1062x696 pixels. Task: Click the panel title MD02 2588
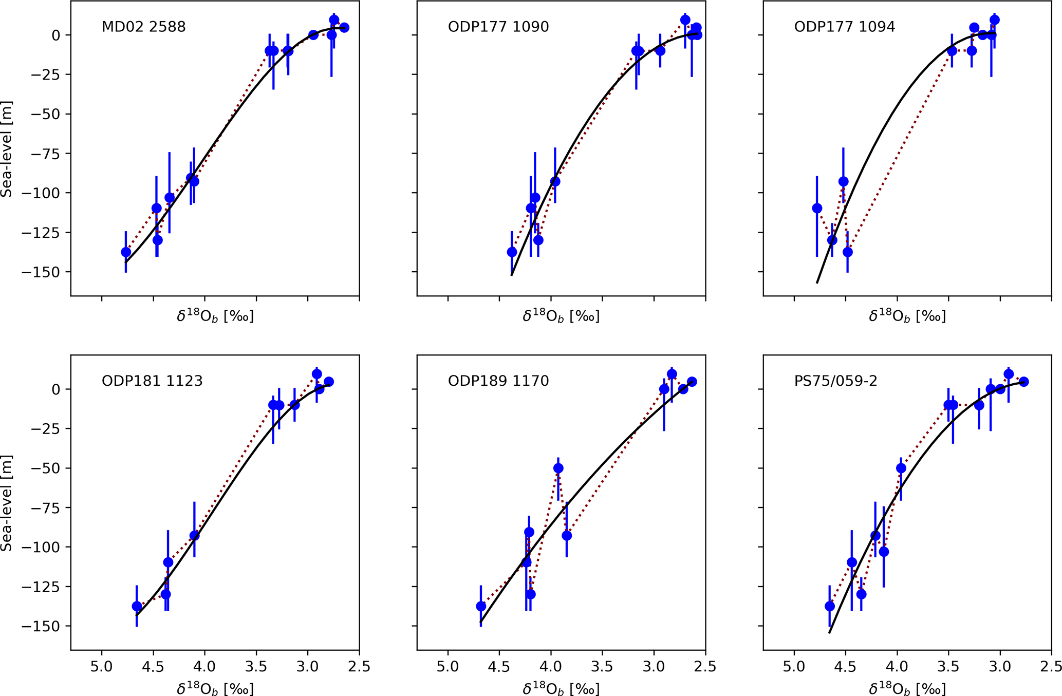pos(143,27)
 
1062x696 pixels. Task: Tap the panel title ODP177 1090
pos(498,27)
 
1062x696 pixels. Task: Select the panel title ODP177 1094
pos(845,27)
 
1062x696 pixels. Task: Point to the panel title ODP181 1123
pos(152,381)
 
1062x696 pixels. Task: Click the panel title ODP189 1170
pos(498,381)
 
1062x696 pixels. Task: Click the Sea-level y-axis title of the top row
pos(7,149)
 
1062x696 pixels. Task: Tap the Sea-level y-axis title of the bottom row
pos(7,503)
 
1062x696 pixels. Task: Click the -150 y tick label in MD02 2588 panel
pos(45,272)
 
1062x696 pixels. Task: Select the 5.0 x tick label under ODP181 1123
pos(102,667)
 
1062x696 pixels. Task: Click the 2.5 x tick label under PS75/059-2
pos(1051,667)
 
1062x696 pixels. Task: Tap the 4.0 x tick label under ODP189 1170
pos(551,667)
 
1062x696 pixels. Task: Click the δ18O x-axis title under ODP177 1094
pos(907,316)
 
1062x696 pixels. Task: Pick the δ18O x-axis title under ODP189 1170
pos(561,688)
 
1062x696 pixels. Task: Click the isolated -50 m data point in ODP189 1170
pos(558,468)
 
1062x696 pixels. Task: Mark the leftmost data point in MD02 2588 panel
pos(126,252)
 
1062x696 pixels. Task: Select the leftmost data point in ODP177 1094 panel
pos(817,208)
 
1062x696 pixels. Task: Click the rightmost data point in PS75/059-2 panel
pos(1023,382)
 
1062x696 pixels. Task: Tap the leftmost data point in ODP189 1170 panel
pos(481,606)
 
